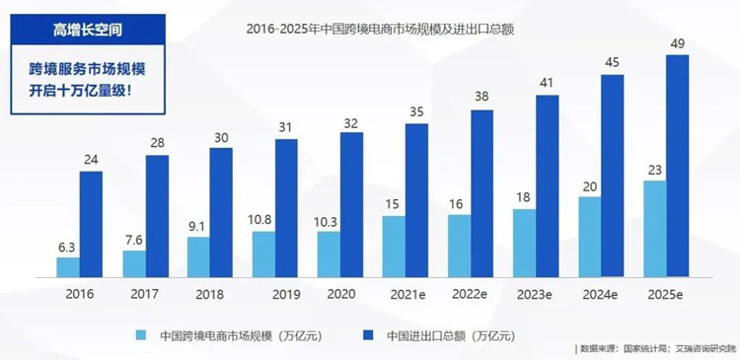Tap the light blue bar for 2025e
tap(654, 228)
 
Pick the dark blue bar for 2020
tap(351, 204)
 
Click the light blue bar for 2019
tap(263, 253)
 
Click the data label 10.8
tap(262, 219)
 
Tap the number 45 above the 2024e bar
tap(613, 62)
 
